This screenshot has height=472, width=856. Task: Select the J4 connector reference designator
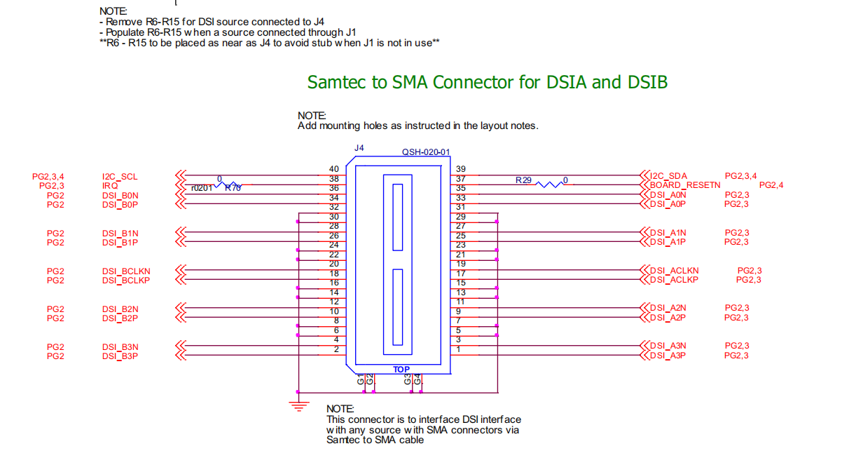[359, 148]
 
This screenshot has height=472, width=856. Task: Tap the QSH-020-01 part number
[425, 152]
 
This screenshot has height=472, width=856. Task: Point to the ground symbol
[299, 405]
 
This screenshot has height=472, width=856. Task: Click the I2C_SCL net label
[120, 177]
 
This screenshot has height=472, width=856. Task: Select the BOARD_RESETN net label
[685, 185]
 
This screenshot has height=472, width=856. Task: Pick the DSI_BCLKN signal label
[126, 271]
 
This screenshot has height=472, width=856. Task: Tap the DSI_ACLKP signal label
[674, 280]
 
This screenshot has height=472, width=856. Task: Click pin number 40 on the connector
[334, 169]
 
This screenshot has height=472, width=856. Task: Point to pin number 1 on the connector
[458, 349]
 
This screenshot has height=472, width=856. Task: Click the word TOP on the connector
[401, 369]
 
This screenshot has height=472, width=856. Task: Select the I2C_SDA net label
[669, 176]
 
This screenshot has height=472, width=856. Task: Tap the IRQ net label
[110, 186]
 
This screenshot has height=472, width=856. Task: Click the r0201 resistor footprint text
[202, 188]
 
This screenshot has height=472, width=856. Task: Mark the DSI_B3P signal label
[120, 356]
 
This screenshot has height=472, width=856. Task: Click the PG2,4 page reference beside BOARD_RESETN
[771, 185]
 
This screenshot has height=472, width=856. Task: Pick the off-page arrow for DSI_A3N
[644, 346]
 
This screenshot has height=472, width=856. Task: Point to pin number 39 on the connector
[460, 169]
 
